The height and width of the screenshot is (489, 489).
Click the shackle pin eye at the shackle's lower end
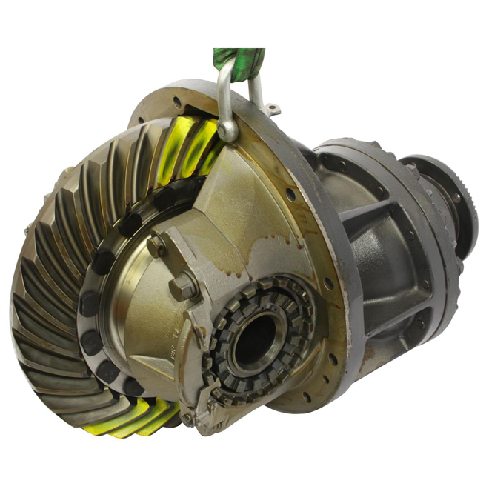(227, 131)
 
